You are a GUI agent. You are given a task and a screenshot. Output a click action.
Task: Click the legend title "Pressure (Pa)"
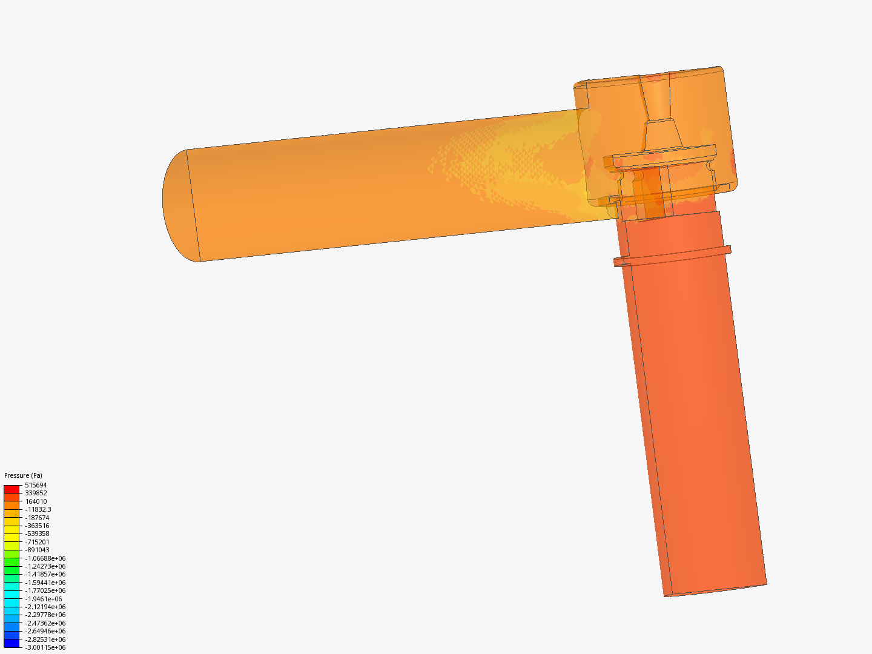pos(23,475)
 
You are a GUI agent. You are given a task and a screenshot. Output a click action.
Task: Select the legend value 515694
pos(36,485)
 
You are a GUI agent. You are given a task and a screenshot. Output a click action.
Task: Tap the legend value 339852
pos(36,493)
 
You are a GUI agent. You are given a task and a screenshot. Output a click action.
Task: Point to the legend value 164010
pos(36,501)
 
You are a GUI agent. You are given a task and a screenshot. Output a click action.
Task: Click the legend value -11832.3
pos(38,509)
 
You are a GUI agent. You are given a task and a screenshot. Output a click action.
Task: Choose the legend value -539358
pos(37,533)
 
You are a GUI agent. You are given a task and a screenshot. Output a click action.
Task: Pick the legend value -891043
pos(37,550)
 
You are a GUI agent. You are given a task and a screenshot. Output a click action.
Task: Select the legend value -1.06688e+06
pos(45,558)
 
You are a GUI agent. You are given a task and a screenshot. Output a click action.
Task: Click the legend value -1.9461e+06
pos(43,599)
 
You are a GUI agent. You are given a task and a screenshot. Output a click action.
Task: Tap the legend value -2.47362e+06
pos(45,623)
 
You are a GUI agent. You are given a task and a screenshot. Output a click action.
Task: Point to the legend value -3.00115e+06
pos(45,647)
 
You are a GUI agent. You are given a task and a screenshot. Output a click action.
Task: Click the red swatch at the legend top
pos(12,489)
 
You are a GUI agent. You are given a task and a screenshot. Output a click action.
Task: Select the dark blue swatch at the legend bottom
pos(12,643)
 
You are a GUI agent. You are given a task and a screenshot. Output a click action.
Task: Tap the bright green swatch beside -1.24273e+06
pos(12,566)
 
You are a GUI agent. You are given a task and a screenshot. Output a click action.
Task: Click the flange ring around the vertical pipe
pos(672,257)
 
